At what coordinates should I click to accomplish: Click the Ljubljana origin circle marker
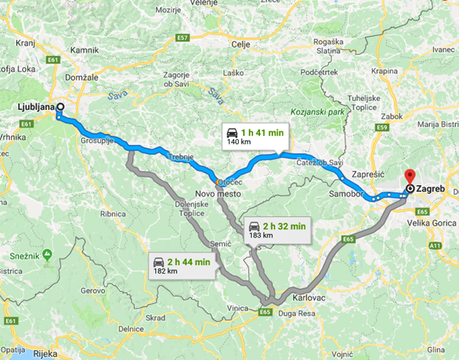pyautogui.click(x=59, y=107)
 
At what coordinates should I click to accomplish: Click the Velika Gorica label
pyautogui.click(x=433, y=224)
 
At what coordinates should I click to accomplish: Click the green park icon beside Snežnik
pyautogui.click(x=48, y=253)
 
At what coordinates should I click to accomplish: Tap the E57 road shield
pyautogui.click(x=181, y=37)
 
